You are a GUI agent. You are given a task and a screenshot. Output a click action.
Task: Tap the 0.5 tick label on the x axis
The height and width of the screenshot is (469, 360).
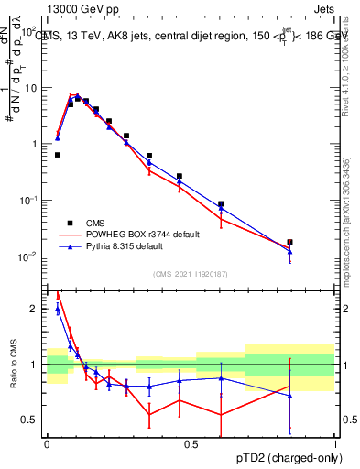(x=191, y=443)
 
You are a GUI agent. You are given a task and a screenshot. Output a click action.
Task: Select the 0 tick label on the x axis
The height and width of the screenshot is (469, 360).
(x=47, y=443)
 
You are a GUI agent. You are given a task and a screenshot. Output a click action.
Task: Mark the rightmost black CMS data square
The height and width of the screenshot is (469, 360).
(x=290, y=242)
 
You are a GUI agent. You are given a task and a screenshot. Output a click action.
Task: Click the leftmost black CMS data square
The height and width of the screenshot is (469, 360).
(x=58, y=155)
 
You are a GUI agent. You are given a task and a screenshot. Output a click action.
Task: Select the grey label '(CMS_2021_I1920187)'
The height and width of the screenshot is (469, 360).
(x=190, y=274)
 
